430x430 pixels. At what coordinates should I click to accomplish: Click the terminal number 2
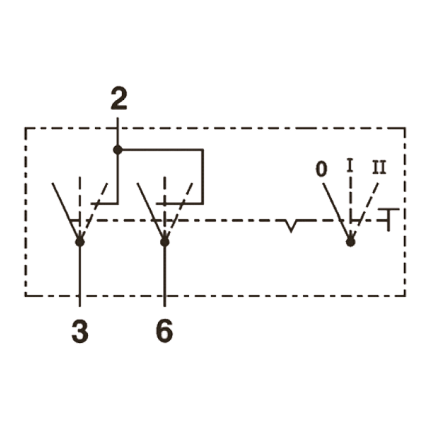coord(119,99)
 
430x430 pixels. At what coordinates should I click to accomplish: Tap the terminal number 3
coord(80,331)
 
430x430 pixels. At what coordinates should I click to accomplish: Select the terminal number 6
coord(165,331)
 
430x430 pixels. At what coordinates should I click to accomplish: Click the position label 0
coord(322,169)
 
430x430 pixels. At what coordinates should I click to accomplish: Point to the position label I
coord(349,165)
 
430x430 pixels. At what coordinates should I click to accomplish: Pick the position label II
coord(380,167)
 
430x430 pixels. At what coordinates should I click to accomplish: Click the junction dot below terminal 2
coord(118,150)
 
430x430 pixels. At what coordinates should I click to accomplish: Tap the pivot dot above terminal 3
coord(80,242)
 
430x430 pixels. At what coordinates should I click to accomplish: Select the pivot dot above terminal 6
coord(165,242)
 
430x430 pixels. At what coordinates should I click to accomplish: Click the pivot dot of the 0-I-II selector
coord(350,242)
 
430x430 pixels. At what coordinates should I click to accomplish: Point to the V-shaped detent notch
coord(291,226)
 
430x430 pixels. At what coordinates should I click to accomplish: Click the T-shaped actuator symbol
coord(388,220)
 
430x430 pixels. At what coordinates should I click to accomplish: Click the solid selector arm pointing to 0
coord(337,212)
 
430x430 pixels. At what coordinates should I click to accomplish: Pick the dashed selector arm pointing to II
coord(365,212)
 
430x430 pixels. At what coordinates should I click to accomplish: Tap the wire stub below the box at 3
coord(80,302)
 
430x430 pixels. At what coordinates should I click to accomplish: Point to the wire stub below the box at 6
coord(165,302)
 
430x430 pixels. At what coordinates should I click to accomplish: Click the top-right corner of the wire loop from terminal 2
coord(203,150)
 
